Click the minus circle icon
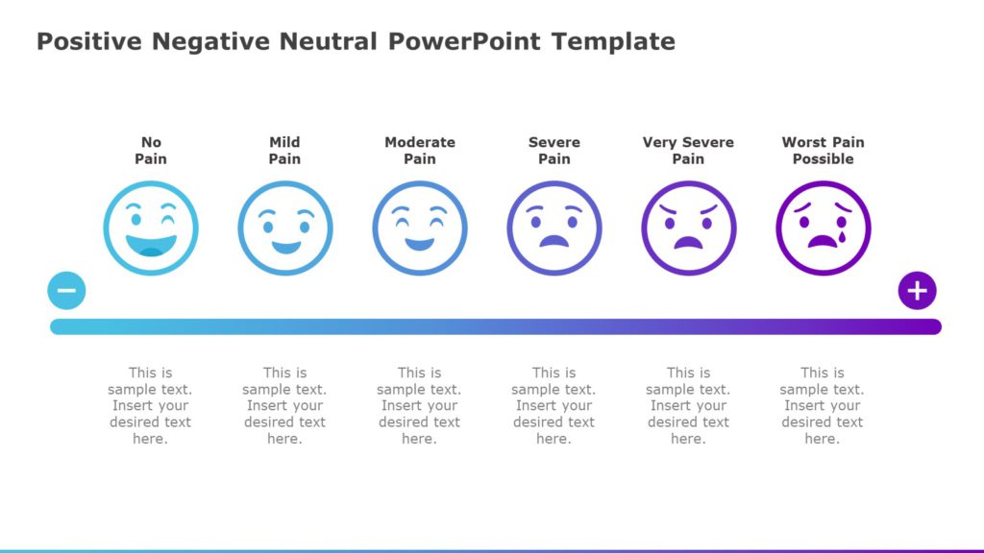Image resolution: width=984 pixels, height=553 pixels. (66, 290)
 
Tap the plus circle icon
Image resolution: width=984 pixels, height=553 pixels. (917, 290)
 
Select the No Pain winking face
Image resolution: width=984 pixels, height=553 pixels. (151, 228)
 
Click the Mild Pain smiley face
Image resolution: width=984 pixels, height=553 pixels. (285, 228)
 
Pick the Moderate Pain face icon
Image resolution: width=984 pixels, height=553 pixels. (420, 228)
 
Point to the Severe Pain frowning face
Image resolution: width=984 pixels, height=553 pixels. (554, 228)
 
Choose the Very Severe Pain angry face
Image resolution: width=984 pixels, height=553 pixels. (689, 228)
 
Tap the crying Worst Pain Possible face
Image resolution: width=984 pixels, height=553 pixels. (824, 228)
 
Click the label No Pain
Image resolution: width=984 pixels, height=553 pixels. (151, 151)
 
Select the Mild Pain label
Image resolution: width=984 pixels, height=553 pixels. (284, 151)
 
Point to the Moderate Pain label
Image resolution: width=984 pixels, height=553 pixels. (420, 151)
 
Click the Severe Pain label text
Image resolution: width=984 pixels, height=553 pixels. (554, 151)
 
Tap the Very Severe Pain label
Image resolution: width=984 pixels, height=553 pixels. (688, 151)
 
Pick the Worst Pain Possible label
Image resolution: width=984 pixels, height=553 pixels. (823, 151)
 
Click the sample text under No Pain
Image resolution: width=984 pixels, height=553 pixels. (150, 405)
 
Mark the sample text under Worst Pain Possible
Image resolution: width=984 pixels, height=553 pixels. (822, 405)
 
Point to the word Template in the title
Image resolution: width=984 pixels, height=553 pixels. (613, 42)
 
